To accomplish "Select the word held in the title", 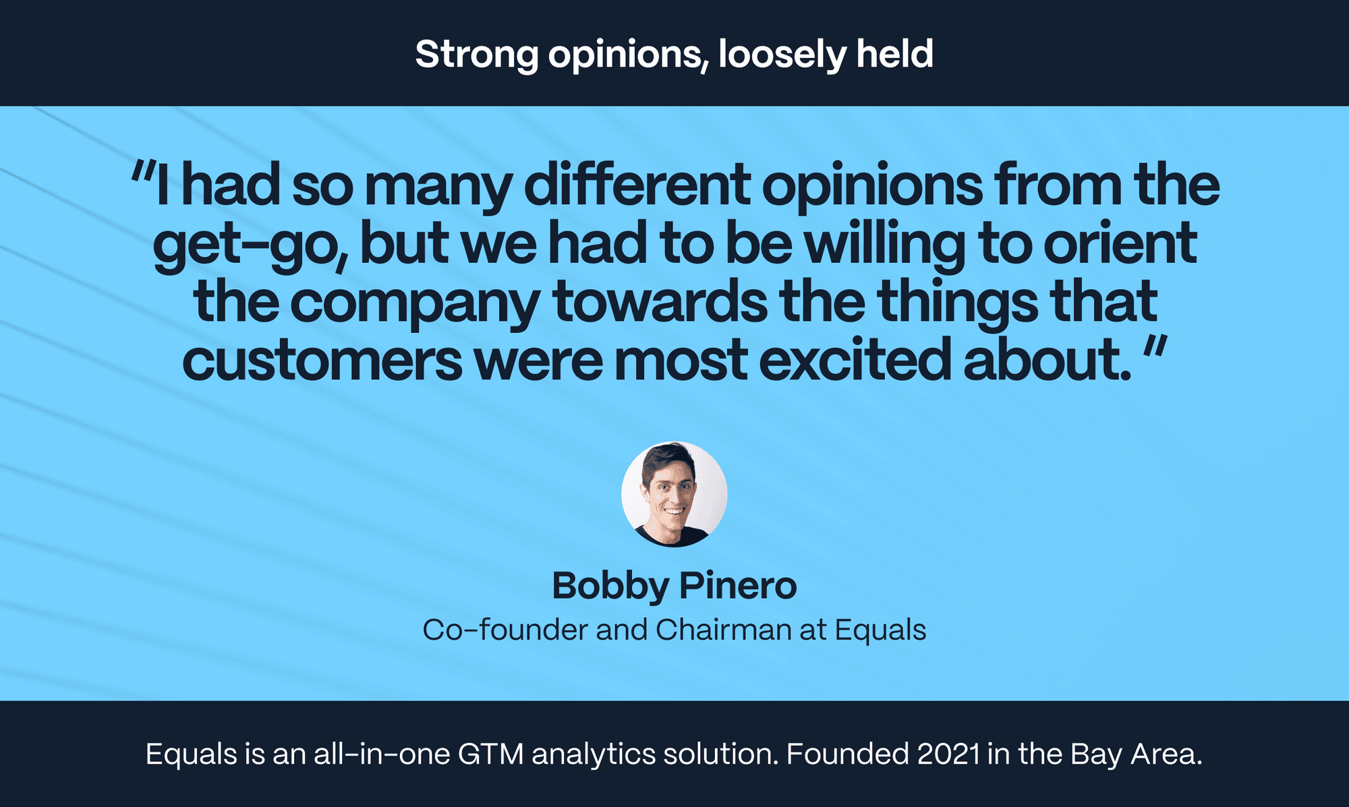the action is [x=895, y=53].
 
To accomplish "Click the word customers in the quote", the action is [x=322, y=361].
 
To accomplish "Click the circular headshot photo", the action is [x=674, y=494].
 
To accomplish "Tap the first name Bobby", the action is [x=610, y=587].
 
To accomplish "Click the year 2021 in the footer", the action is [x=949, y=754].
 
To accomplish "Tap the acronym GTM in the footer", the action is [x=491, y=754].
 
